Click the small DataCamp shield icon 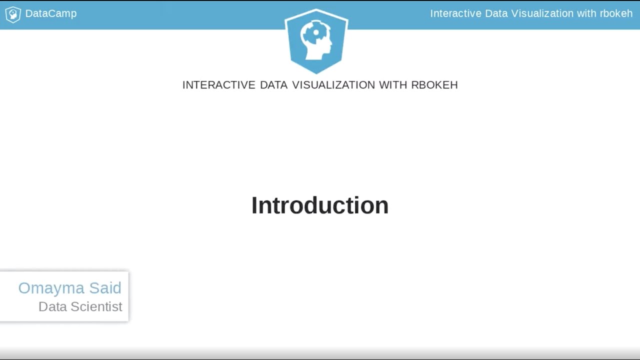(x=12, y=14)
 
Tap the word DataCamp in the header (x=51, y=13)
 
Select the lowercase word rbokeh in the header (x=616, y=13)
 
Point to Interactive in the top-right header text (x=455, y=13)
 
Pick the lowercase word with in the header (x=586, y=13)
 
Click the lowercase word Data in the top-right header (x=496, y=13)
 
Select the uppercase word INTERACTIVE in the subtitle (x=219, y=85)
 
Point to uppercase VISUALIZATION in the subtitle (x=333, y=85)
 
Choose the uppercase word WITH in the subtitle (x=393, y=85)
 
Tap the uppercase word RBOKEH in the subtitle (x=434, y=85)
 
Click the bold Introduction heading (x=320, y=205)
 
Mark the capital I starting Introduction (x=254, y=205)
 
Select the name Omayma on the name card (x=51, y=288)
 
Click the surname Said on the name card (x=105, y=288)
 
